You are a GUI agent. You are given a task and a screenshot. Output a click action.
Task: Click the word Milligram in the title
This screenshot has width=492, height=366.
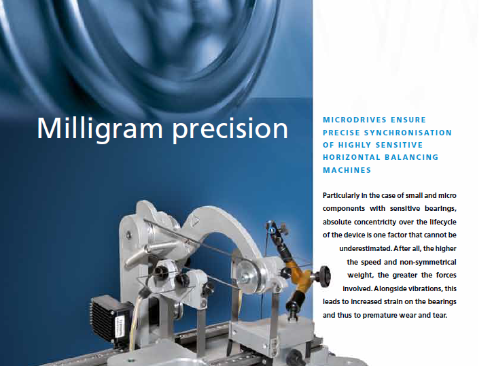tap(100, 129)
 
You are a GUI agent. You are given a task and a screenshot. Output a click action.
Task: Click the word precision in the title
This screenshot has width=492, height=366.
tap(230, 129)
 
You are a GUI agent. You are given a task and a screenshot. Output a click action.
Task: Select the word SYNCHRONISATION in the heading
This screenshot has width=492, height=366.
tap(408, 133)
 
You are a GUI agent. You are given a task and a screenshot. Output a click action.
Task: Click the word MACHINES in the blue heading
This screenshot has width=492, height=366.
tap(347, 170)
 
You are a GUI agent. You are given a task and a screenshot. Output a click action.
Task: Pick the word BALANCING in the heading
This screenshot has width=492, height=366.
tap(411, 157)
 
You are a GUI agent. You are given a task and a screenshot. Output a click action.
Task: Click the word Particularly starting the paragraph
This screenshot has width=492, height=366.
tap(341, 196)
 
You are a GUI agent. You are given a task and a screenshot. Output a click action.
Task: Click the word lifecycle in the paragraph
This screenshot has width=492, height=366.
tap(443, 222)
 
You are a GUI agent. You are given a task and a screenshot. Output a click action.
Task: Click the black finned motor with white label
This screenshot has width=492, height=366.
tap(111, 320)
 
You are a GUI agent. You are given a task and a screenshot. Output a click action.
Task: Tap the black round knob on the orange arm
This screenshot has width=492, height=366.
tap(324, 276)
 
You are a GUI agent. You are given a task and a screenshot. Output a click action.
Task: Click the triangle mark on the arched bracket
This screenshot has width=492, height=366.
tap(196, 222)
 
